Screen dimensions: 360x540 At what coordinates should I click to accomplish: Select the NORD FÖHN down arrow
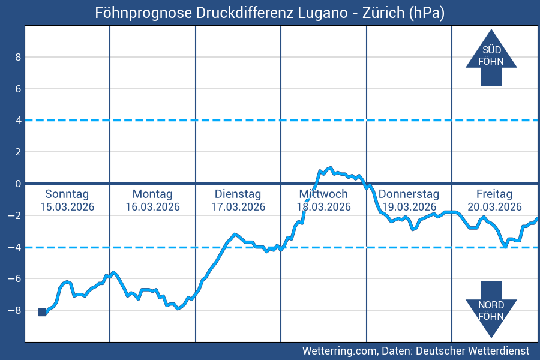pyautogui.click(x=491, y=308)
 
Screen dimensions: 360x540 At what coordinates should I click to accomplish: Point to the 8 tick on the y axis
pyautogui.click(x=18, y=57)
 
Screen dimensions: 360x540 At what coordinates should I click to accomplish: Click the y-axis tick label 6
pyautogui.click(x=18, y=89)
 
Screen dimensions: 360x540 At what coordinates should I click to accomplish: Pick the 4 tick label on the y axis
pyautogui.click(x=18, y=120)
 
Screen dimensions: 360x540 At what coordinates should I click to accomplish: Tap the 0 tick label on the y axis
pyautogui.click(x=18, y=184)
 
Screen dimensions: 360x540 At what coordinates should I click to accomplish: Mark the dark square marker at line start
pyautogui.click(x=42, y=312)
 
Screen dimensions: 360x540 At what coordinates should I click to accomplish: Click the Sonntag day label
pyautogui.click(x=67, y=194)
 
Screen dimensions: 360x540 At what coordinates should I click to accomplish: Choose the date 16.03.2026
pyautogui.click(x=152, y=207)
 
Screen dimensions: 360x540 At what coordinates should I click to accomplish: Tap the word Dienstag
pyautogui.click(x=238, y=194)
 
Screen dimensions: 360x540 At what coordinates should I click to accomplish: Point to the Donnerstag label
pyautogui.click(x=409, y=194)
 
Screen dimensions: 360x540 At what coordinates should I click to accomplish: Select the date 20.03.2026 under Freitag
pyautogui.click(x=494, y=207)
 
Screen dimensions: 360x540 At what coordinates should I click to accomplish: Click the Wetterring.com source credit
pyautogui.click(x=416, y=350)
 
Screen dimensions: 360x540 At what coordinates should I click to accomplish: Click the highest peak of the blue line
pyautogui.click(x=329, y=168)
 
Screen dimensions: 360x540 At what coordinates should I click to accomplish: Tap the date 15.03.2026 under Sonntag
pyautogui.click(x=67, y=207)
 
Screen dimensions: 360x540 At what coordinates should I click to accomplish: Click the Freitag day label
pyautogui.click(x=494, y=194)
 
